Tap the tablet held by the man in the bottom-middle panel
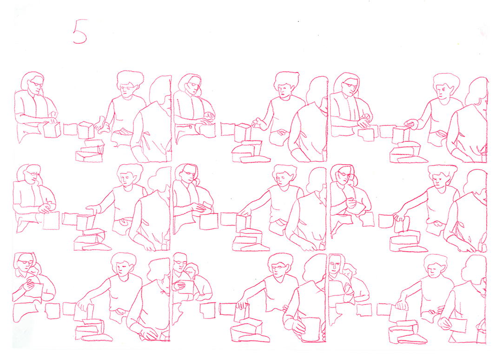(186, 287)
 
